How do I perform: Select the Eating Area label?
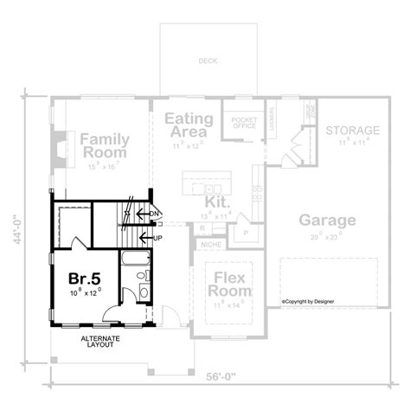(x=186, y=126)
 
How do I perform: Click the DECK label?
(x=208, y=62)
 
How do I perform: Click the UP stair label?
(x=157, y=236)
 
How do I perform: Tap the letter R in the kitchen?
(x=201, y=227)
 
